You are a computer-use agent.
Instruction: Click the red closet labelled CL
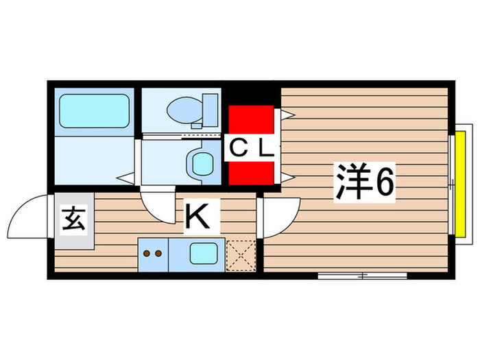click(x=251, y=146)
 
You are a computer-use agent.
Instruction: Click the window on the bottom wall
click(x=362, y=276)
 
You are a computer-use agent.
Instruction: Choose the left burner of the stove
click(x=146, y=253)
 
